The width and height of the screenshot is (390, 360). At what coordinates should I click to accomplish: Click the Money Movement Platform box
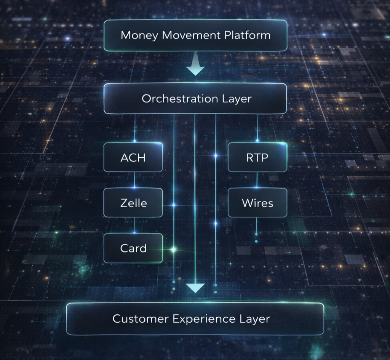[x=195, y=35]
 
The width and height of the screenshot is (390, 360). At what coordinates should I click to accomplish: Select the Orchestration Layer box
[x=195, y=99]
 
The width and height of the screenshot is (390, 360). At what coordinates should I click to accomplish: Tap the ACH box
[x=133, y=157]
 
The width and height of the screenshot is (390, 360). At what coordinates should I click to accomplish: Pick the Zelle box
[x=133, y=203]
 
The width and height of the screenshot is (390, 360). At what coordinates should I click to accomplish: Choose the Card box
[x=133, y=248]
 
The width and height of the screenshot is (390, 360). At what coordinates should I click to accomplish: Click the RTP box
[x=257, y=157]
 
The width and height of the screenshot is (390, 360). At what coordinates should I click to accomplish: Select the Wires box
[x=257, y=203]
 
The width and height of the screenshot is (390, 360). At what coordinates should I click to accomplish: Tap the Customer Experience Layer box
[x=195, y=318]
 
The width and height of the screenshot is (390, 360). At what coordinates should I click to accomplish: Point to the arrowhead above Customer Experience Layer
[x=195, y=288]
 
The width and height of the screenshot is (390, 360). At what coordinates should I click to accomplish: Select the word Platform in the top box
[x=247, y=35]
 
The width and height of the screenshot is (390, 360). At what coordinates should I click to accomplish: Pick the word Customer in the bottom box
[x=141, y=318]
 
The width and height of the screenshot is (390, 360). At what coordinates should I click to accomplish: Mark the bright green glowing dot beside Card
[x=174, y=250]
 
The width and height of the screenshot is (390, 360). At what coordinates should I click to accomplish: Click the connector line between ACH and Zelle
[x=134, y=180]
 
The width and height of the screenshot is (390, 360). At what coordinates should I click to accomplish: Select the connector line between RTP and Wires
[x=257, y=180]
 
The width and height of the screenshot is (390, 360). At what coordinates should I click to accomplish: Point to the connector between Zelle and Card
[x=134, y=225]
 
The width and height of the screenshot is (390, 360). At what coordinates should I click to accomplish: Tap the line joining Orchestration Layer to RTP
[x=257, y=128]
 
